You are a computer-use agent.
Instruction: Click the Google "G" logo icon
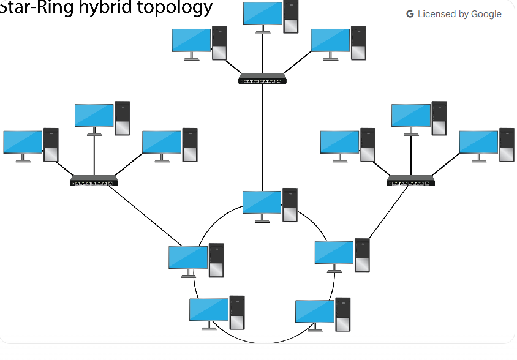click(x=410, y=14)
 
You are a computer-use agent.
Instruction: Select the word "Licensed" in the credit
click(x=437, y=14)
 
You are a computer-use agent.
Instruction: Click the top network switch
click(x=263, y=79)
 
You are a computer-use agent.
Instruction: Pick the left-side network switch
click(x=94, y=181)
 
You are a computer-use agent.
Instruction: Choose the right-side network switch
click(x=410, y=181)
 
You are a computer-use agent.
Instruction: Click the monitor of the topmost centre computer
click(x=262, y=14)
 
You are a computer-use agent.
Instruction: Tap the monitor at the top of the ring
click(x=262, y=202)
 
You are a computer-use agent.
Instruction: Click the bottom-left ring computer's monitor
click(x=209, y=310)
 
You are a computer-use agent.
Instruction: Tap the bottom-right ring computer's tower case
click(x=343, y=313)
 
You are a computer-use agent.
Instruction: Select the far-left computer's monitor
click(x=22, y=143)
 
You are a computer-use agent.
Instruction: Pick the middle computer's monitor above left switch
click(x=94, y=115)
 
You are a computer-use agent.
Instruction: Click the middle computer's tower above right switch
click(x=439, y=118)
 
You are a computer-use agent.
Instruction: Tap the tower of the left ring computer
click(x=216, y=260)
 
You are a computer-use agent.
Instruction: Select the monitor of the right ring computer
click(x=334, y=253)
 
